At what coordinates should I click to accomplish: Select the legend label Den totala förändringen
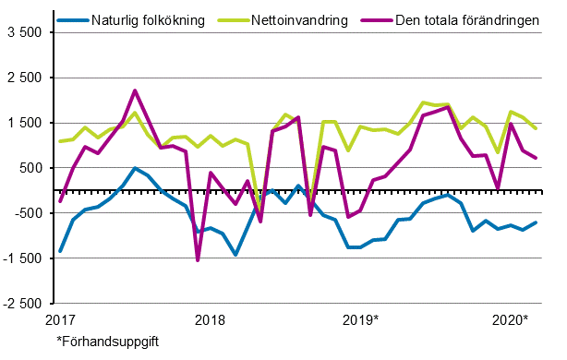pos(463,19)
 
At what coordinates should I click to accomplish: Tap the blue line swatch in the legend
pos(69,19)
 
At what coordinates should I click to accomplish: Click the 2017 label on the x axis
pos(60,320)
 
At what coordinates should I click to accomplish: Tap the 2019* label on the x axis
pos(361,320)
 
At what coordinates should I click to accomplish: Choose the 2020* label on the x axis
pos(511,320)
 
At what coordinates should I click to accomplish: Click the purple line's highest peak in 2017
pos(135,90)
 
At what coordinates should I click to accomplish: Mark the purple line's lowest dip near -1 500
pos(198,260)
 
